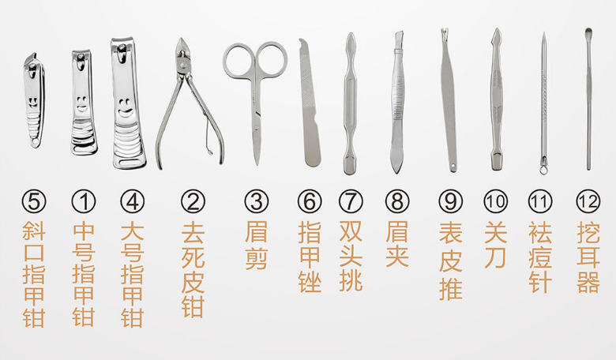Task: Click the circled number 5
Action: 34,201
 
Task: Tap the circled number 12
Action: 588,201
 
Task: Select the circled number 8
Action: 397,201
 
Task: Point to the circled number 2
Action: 193,201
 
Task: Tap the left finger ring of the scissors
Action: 238,60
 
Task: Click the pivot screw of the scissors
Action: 256,127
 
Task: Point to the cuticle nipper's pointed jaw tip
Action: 181,39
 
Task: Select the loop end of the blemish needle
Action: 543,169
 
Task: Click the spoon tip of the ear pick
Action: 588,32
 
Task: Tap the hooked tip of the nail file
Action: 302,41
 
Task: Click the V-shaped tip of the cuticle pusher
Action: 445,31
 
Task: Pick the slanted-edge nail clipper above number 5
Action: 34,100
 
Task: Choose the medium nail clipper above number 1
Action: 84,102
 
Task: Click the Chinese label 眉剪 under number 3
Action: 256,246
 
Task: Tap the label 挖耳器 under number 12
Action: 588,257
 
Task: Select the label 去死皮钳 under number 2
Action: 193,269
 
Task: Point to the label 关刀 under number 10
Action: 496,245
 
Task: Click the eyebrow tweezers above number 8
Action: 397,102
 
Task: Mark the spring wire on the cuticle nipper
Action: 207,133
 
